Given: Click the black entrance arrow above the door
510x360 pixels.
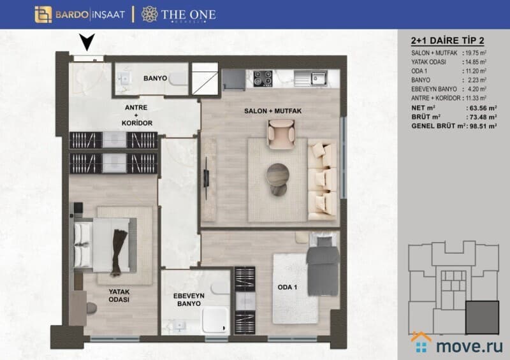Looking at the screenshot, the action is point(87,42).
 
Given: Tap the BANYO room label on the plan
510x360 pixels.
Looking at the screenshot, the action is point(155,78).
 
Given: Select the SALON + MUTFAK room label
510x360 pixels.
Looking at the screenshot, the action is point(273,112).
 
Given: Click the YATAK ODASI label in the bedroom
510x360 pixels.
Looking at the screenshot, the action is point(119,296).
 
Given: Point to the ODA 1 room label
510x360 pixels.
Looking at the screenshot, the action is point(288,287).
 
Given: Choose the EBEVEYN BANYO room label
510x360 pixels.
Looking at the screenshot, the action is point(189,300).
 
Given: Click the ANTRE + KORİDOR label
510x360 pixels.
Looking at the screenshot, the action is point(137,115).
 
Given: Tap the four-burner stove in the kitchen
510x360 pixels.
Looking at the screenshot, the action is point(263,78).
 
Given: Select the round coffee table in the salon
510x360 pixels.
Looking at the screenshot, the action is point(277,175).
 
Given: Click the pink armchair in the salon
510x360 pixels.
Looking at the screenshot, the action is point(281,134).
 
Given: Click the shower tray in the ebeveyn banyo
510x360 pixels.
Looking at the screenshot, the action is point(215,320).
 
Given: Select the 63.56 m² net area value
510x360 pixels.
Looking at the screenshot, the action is point(481,108).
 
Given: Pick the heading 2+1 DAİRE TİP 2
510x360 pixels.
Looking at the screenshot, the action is point(448,41).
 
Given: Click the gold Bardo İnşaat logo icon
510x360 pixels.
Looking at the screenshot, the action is point(43,15).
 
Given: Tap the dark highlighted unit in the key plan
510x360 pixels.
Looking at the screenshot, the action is point(482,317).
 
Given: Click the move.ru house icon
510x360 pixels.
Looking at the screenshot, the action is point(421,342).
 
